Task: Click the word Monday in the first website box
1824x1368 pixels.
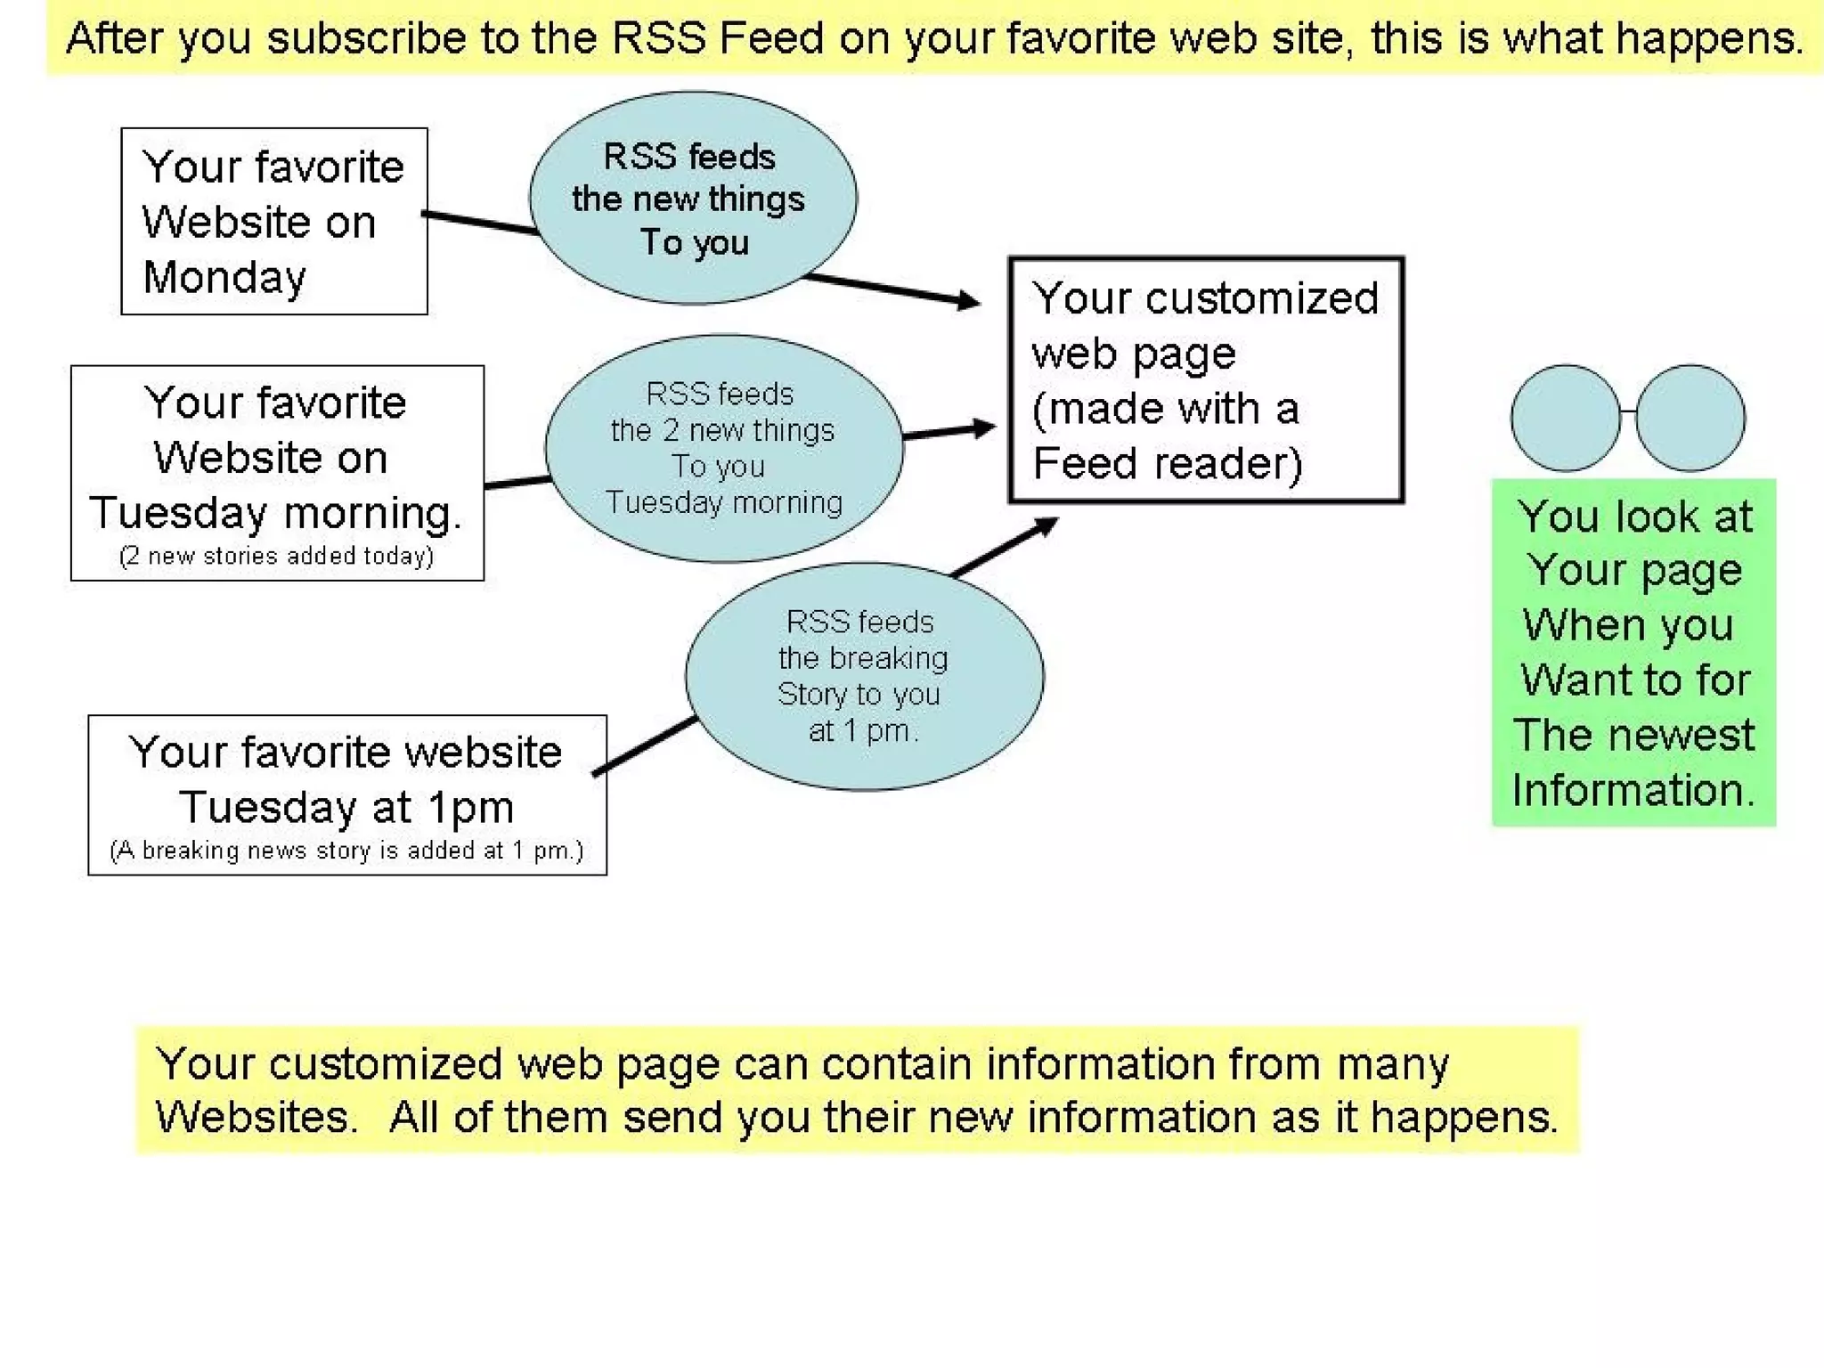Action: (224, 278)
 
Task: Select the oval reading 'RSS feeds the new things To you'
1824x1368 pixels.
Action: (693, 198)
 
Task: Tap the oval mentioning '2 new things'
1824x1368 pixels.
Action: (723, 448)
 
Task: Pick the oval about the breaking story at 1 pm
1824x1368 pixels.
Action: (863, 676)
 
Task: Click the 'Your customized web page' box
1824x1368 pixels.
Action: (1205, 380)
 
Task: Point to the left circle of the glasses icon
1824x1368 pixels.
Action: (1565, 418)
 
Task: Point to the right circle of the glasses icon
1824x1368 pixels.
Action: (1690, 418)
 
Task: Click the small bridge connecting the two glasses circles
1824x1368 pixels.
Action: (1627, 411)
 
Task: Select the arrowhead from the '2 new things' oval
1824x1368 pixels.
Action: (984, 428)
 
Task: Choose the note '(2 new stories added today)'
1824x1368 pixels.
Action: (276, 557)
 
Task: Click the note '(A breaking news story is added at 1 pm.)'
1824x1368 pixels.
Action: (346, 851)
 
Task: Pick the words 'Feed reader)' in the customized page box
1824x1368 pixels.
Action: (1167, 464)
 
